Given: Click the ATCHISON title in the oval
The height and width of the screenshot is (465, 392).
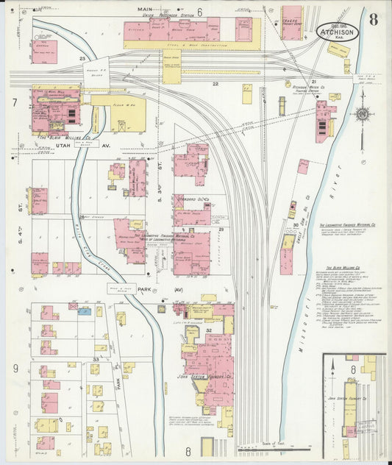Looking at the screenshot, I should click(338, 32).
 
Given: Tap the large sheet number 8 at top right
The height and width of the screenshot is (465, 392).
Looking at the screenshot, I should click(374, 20).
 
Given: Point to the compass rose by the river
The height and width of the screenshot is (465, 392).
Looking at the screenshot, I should click(361, 114).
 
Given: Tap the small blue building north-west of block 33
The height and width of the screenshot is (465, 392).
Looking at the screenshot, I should click(85, 311).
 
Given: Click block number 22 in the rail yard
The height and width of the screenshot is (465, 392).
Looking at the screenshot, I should click(215, 85).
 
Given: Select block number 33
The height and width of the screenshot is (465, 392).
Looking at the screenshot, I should click(96, 358).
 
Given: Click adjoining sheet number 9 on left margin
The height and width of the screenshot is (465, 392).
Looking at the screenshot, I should click(14, 367).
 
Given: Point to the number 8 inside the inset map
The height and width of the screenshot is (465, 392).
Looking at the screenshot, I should click(353, 369).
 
